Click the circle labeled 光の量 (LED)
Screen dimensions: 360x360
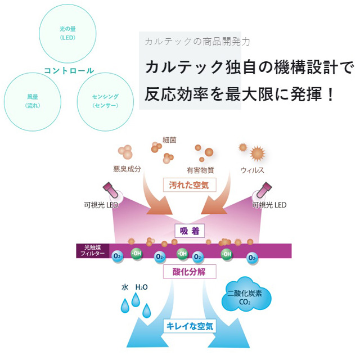pos(67,33)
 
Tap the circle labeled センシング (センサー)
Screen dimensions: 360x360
pos(105,101)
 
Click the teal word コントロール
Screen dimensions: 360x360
pos(69,71)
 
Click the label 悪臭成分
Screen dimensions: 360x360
pos(126,169)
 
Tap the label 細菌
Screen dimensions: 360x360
pos(169,139)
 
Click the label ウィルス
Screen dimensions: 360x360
pos(252,170)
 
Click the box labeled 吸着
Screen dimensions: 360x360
pos(188,231)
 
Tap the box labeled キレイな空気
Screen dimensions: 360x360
pos(188,325)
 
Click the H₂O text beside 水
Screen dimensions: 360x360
pos(141,287)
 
